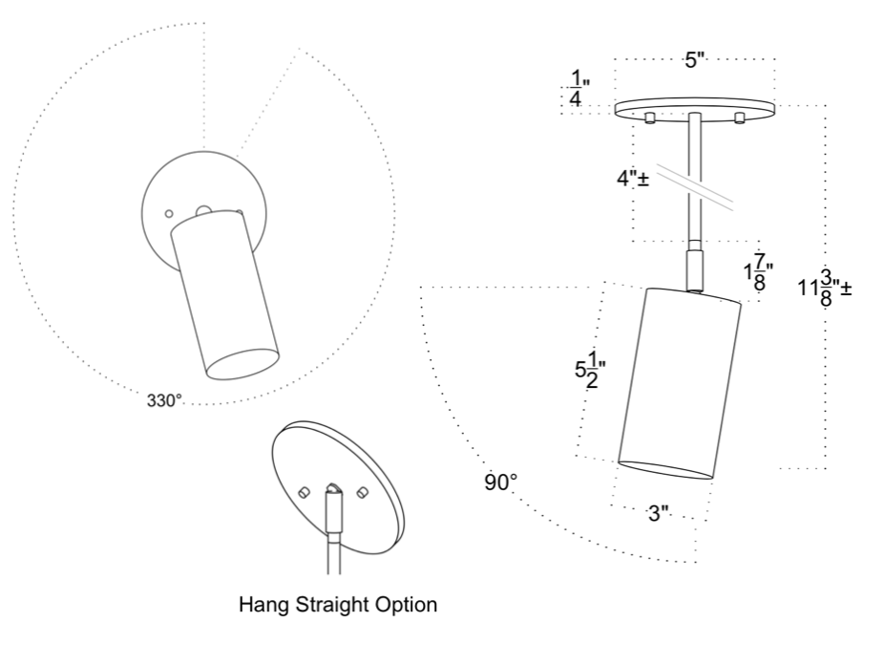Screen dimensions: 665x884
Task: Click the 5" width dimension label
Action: point(694,61)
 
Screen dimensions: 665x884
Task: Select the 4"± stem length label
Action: point(632,178)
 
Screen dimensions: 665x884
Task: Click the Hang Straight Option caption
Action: point(339,604)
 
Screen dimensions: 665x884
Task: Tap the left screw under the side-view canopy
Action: point(649,118)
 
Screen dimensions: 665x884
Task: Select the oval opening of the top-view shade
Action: point(244,365)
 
